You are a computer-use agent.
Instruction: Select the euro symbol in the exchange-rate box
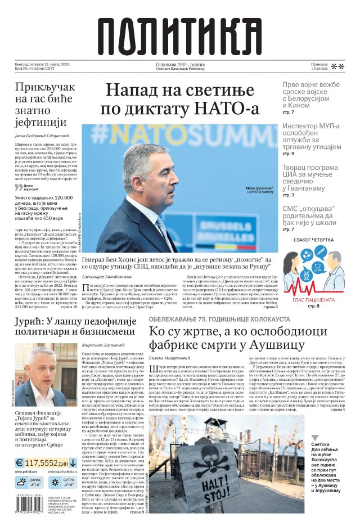(x=20, y=463)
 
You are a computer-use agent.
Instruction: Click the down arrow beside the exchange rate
(x=73, y=463)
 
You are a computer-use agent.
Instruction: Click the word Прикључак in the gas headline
(x=44, y=88)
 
